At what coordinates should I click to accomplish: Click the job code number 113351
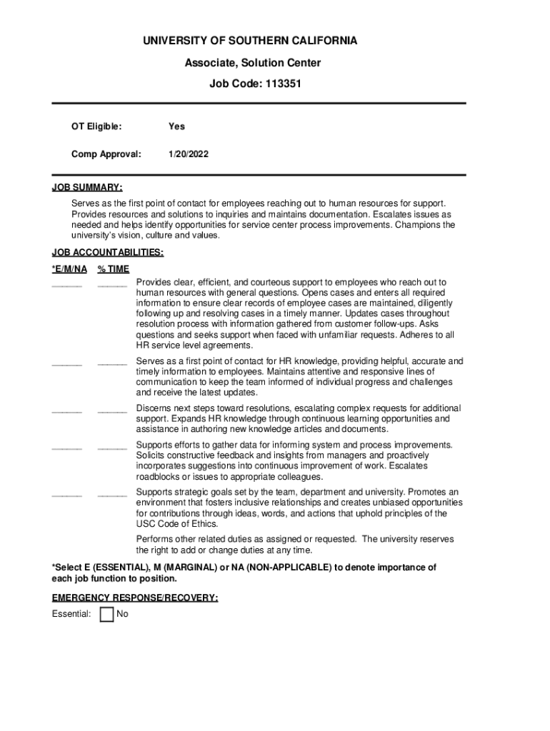[x=284, y=84]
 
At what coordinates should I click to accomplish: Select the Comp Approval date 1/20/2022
[x=189, y=153]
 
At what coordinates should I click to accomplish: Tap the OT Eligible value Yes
[x=176, y=126]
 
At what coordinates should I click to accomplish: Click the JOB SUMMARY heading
[x=87, y=188]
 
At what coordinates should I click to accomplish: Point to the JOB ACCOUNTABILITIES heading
[x=108, y=253]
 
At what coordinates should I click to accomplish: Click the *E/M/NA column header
[x=69, y=269]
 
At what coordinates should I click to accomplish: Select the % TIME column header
[x=114, y=269]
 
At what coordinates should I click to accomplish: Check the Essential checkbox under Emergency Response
[x=106, y=615]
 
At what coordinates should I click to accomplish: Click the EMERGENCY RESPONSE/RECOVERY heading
[x=135, y=598]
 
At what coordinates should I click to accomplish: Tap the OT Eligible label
[x=96, y=126]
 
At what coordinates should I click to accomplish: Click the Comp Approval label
[x=106, y=153]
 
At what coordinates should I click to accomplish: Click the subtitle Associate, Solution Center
[x=253, y=63]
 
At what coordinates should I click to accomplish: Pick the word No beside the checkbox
[x=122, y=614]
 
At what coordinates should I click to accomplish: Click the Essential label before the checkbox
[x=71, y=614]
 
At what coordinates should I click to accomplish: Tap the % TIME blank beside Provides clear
[x=112, y=284]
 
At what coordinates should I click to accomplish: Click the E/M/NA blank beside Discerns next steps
[x=67, y=410]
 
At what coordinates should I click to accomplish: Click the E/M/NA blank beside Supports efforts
[x=67, y=447]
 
